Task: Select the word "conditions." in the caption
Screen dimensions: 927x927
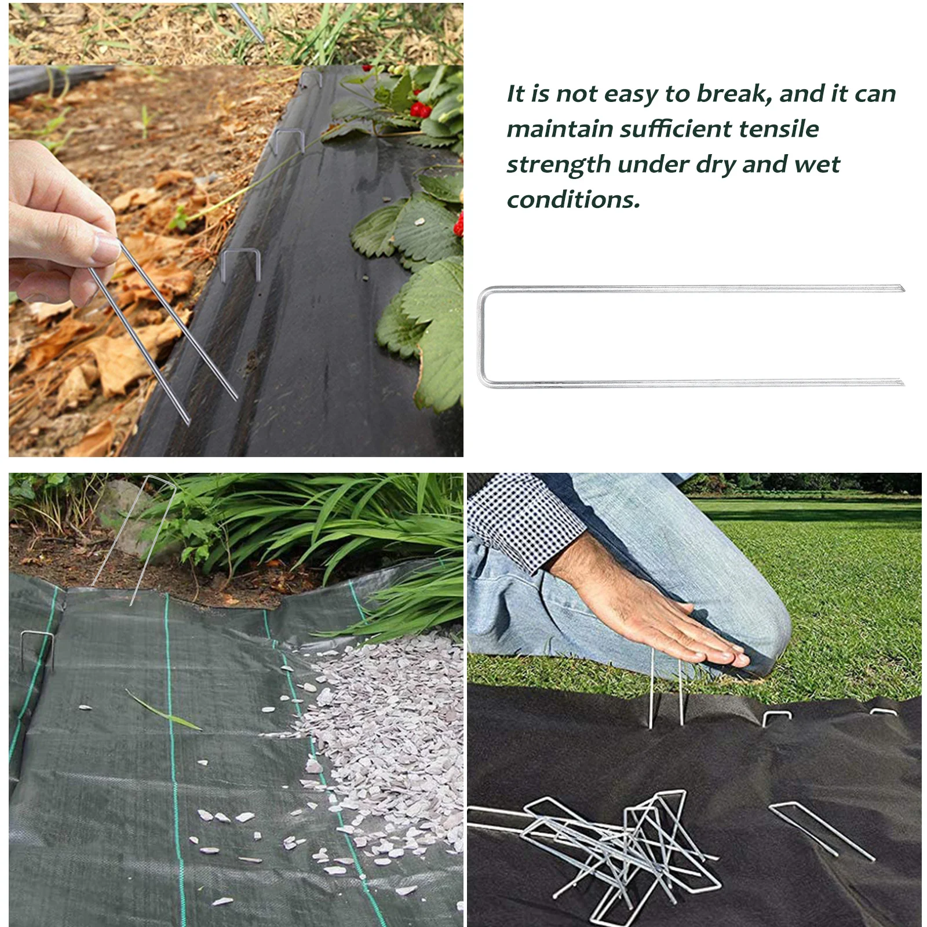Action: (574, 200)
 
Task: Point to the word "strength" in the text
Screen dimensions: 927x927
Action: (559, 165)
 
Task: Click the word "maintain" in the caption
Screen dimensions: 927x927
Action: (560, 129)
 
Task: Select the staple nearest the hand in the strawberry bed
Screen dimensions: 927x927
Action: (241, 264)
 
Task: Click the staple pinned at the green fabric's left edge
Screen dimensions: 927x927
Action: (38, 649)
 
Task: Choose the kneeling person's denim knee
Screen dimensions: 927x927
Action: (753, 626)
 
